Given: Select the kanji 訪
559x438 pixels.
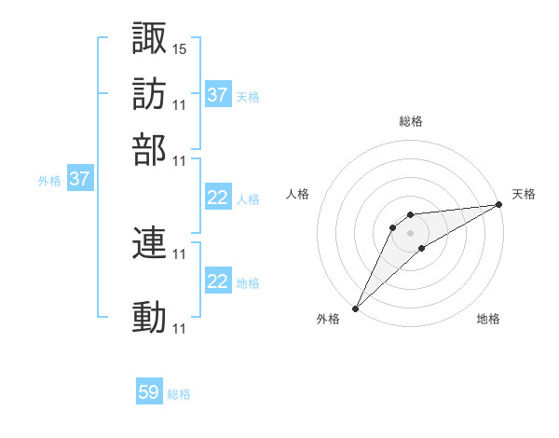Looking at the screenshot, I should [149, 94].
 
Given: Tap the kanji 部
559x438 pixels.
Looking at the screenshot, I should [149, 150].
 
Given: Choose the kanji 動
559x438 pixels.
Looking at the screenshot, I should [149, 318].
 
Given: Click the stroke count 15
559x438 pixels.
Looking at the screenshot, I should [180, 48].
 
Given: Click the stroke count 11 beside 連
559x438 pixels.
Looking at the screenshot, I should [180, 253].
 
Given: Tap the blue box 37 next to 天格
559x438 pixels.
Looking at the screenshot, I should [218, 95].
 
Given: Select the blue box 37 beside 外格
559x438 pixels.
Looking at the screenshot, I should [79, 179].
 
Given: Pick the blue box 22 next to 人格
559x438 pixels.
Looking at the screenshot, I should [218, 198].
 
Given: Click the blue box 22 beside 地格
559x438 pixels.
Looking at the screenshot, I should [218, 281].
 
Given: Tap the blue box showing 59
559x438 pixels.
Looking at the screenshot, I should [149, 392].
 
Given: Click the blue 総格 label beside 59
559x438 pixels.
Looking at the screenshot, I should [179, 394].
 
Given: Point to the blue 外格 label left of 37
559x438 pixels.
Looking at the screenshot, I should [48, 181].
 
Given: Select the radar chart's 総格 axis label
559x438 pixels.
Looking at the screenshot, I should [410, 121].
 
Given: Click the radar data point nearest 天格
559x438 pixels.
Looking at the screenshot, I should [498, 205].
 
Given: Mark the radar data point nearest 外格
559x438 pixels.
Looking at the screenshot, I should [355, 308].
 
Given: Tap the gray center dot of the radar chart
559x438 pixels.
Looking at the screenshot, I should [410, 232].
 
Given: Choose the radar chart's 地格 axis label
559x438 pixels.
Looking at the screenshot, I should [488, 320].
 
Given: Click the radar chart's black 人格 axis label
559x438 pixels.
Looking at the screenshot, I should [298, 194].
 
